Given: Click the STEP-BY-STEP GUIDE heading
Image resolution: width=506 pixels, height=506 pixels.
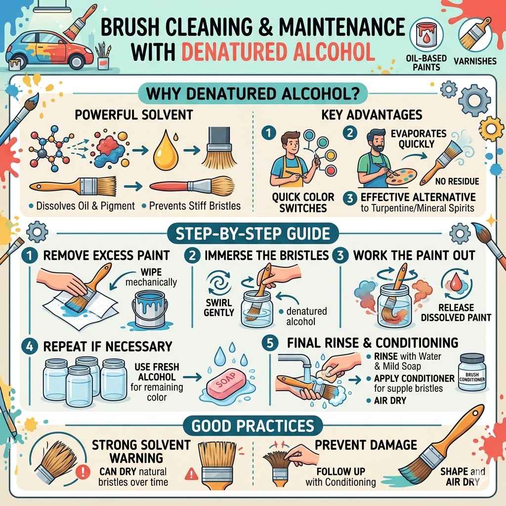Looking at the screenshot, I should pyautogui.click(x=253, y=233).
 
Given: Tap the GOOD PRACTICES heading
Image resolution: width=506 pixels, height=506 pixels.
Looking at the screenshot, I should pyautogui.click(x=253, y=425).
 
